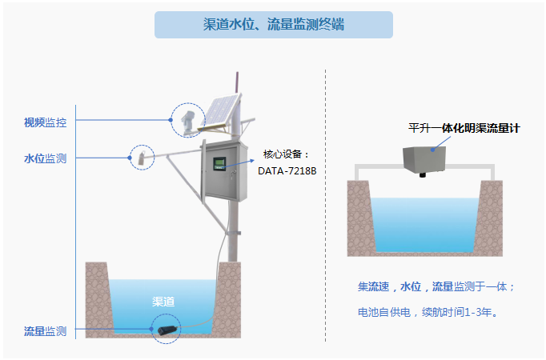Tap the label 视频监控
point(45,122)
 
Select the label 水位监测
point(45,158)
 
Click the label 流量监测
point(45,330)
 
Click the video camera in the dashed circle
point(187,121)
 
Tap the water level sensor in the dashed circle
point(143,156)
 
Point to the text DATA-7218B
point(287,170)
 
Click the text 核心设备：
point(286,154)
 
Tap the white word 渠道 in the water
point(163,302)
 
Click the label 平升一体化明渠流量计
point(464,127)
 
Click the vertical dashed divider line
point(325,200)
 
